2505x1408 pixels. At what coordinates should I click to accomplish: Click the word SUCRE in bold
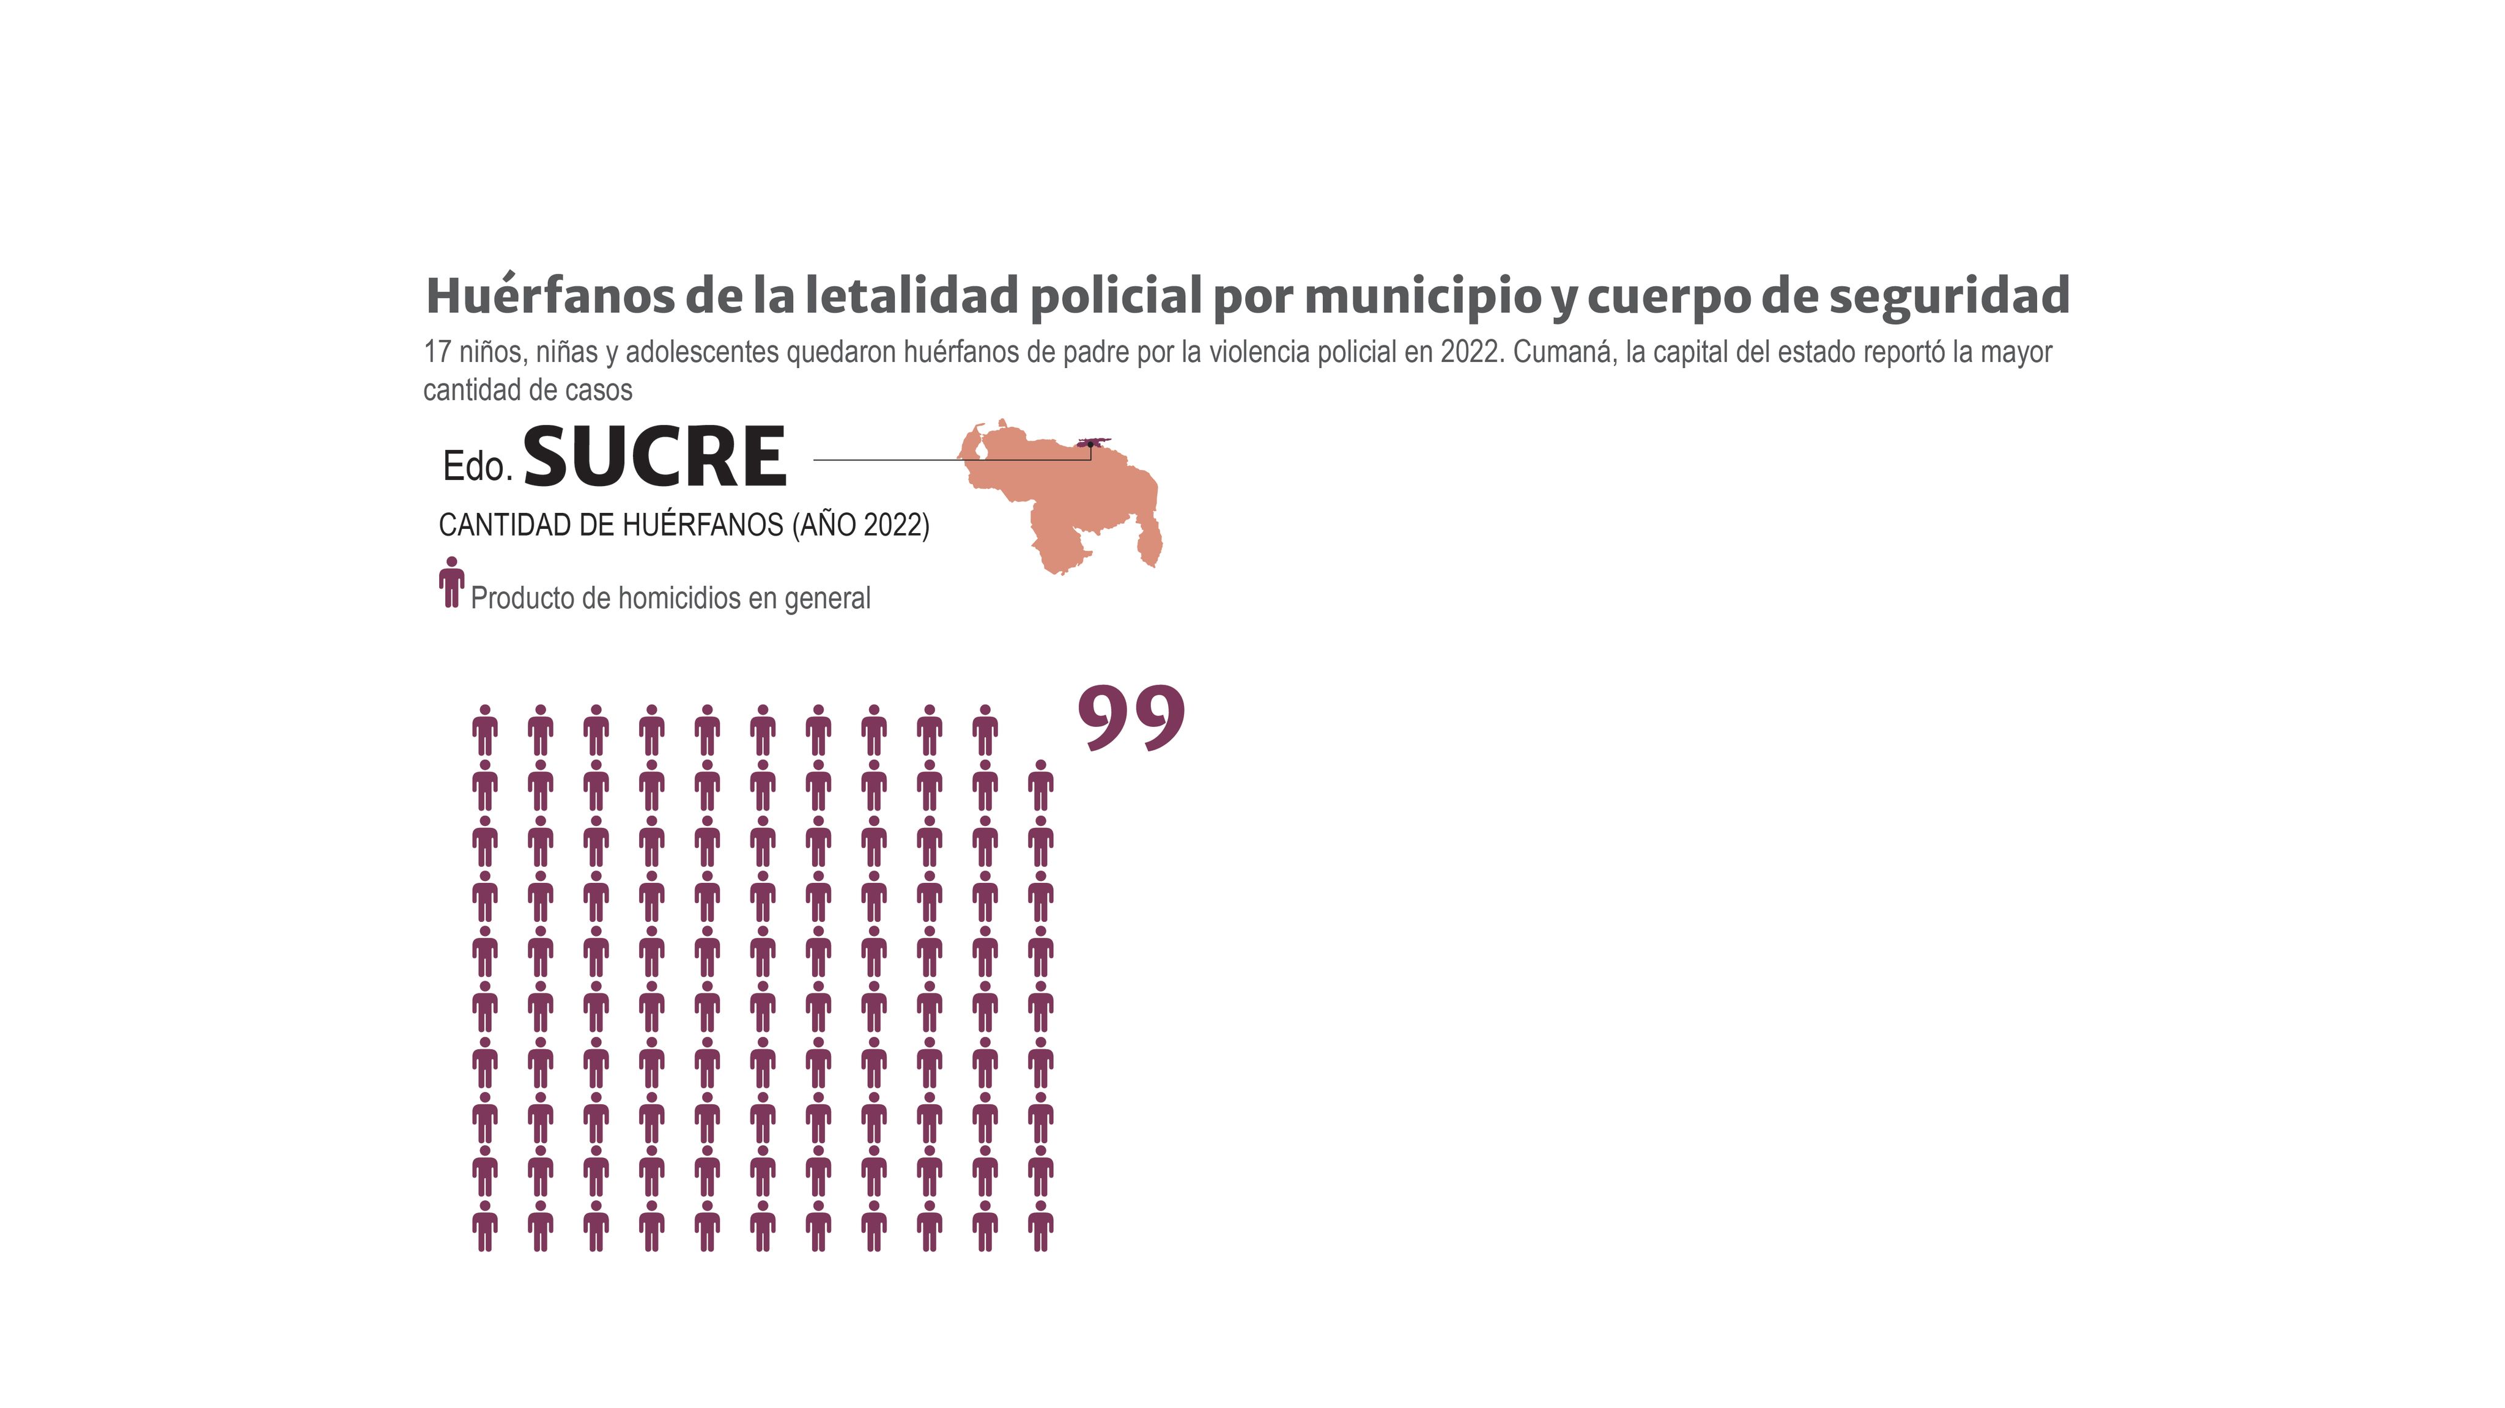[x=654, y=457]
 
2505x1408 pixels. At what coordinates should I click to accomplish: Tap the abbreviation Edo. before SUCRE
[x=478, y=466]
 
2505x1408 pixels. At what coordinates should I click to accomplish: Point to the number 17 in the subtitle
[x=437, y=352]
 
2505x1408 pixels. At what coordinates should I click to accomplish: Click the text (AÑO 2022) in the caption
[x=860, y=525]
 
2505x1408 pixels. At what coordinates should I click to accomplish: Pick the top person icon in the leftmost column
[x=485, y=730]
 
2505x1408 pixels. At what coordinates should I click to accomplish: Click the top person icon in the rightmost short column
[x=1040, y=786]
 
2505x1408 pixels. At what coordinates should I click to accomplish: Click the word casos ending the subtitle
[x=603, y=391]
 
